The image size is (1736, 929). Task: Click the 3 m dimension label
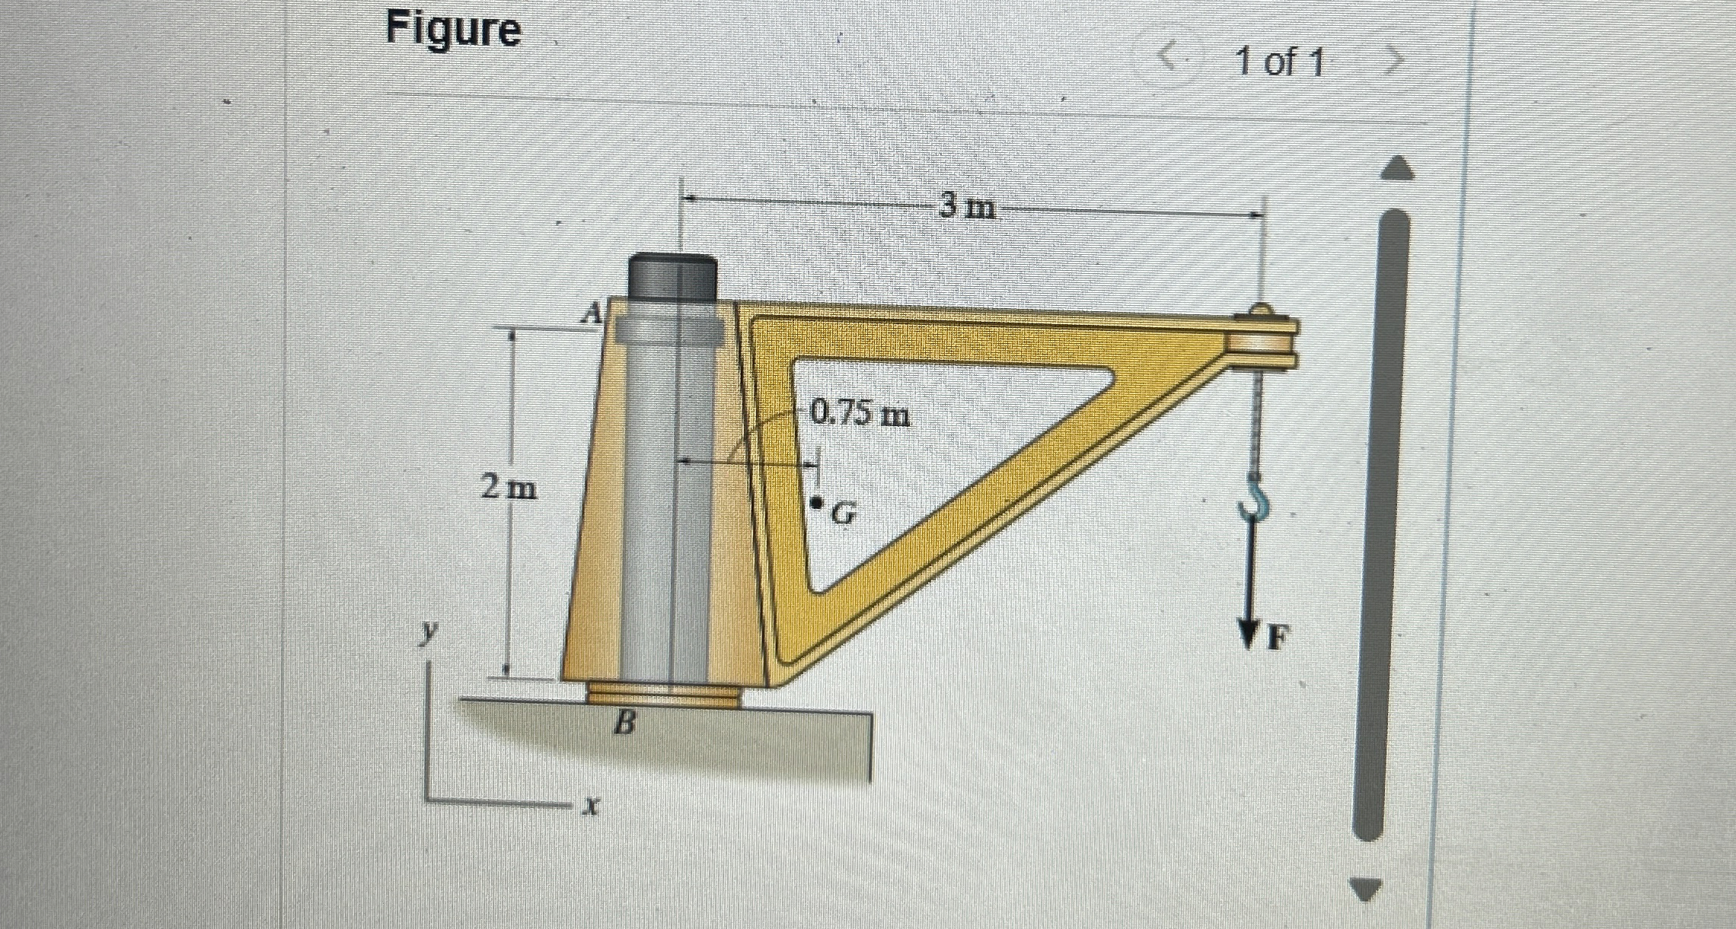[x=967, y=205]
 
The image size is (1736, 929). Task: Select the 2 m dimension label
[x=509, y=487]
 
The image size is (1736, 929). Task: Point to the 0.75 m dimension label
[x=860, y=415]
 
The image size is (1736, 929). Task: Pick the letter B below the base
[x=624, y=724]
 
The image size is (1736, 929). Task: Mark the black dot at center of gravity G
[x=816, y=503]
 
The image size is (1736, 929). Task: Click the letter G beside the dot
[x=841, y=515]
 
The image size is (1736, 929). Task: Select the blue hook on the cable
[x=1253, y=495]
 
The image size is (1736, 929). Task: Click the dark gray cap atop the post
[x=673, y=278]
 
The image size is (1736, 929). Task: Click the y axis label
[x=432, y=630]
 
